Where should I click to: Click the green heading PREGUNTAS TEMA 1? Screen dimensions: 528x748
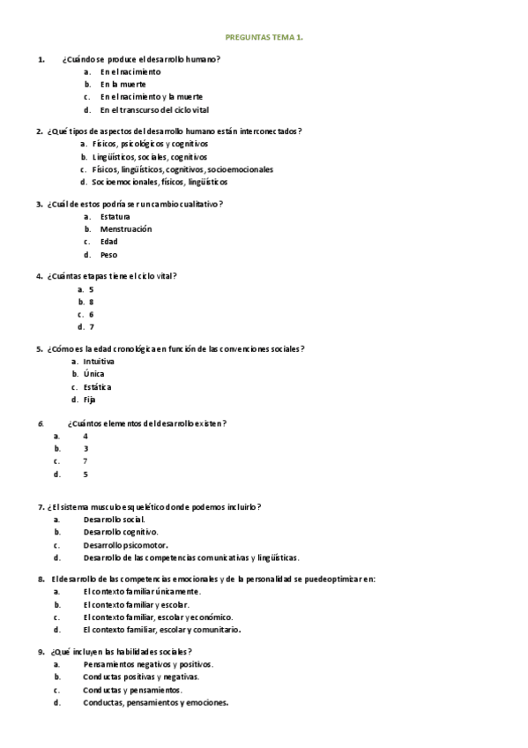pyautogui.click(x=264, y=38)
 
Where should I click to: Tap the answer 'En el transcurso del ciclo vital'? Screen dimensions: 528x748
pyautogui.click(x=153, y=110)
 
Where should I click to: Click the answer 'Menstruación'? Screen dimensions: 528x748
pyautogui.click(x=125, y=228)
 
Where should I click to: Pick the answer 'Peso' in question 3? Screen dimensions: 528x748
pyautogui.click(x=108, y=255)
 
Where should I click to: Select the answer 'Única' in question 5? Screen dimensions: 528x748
pyautogui.click(x=94, y=373)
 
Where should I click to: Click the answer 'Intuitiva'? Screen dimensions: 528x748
pyautogui.click(x=99, y=361)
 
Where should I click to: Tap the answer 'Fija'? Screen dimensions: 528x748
pyautogui.click(x=90, y=400)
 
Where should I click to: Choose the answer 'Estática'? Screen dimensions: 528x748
pyautogui.click(x=98, y=386)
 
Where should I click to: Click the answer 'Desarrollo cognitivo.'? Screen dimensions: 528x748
pyautogui.click(x=122, y=532)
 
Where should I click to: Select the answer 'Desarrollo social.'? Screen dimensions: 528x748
pyautogui.click(x=115, y=520)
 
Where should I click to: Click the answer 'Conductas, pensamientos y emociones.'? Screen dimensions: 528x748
pyautogui.click(x=155, y=703)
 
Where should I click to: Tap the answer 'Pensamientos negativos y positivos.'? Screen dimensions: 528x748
pyautogui.click(x=148, y=664)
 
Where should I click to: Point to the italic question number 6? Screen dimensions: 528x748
pyautogui.click(x=41, y=423)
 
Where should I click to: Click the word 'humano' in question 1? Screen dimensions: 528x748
pyautogui.click(x=201, y=58)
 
